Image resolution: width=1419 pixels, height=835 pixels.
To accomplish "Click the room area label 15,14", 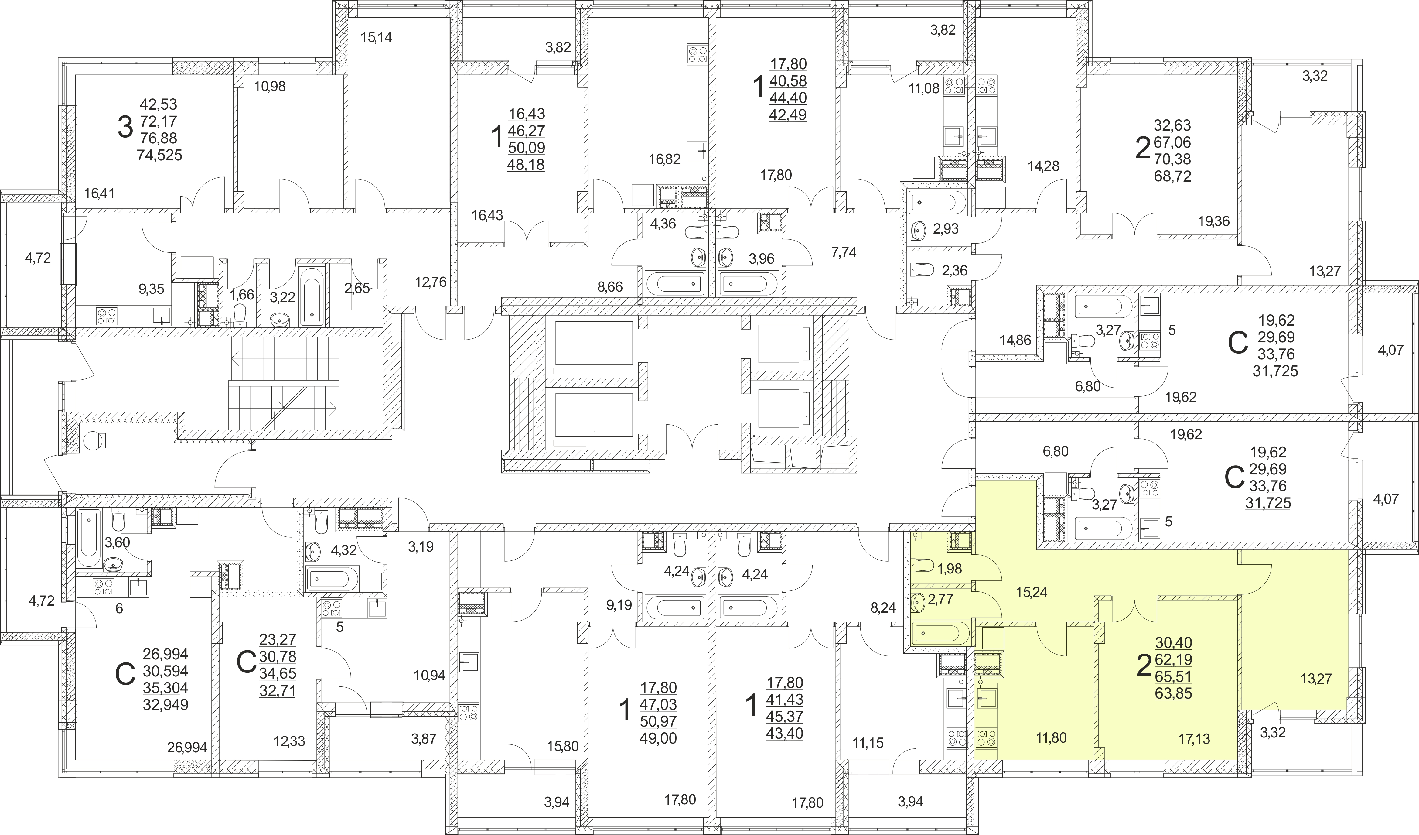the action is (376, 38).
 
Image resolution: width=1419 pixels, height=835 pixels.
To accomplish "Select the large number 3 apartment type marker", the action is (125, 127).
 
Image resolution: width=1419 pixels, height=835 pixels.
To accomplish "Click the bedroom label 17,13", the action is (1194, 739).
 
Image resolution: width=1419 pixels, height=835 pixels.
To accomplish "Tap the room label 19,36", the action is (1213, 221).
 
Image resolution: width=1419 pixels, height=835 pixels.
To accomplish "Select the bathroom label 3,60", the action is (118, 542).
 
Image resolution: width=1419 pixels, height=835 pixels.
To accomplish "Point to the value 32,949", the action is (165, 704).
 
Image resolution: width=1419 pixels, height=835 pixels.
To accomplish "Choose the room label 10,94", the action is (430, 675).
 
